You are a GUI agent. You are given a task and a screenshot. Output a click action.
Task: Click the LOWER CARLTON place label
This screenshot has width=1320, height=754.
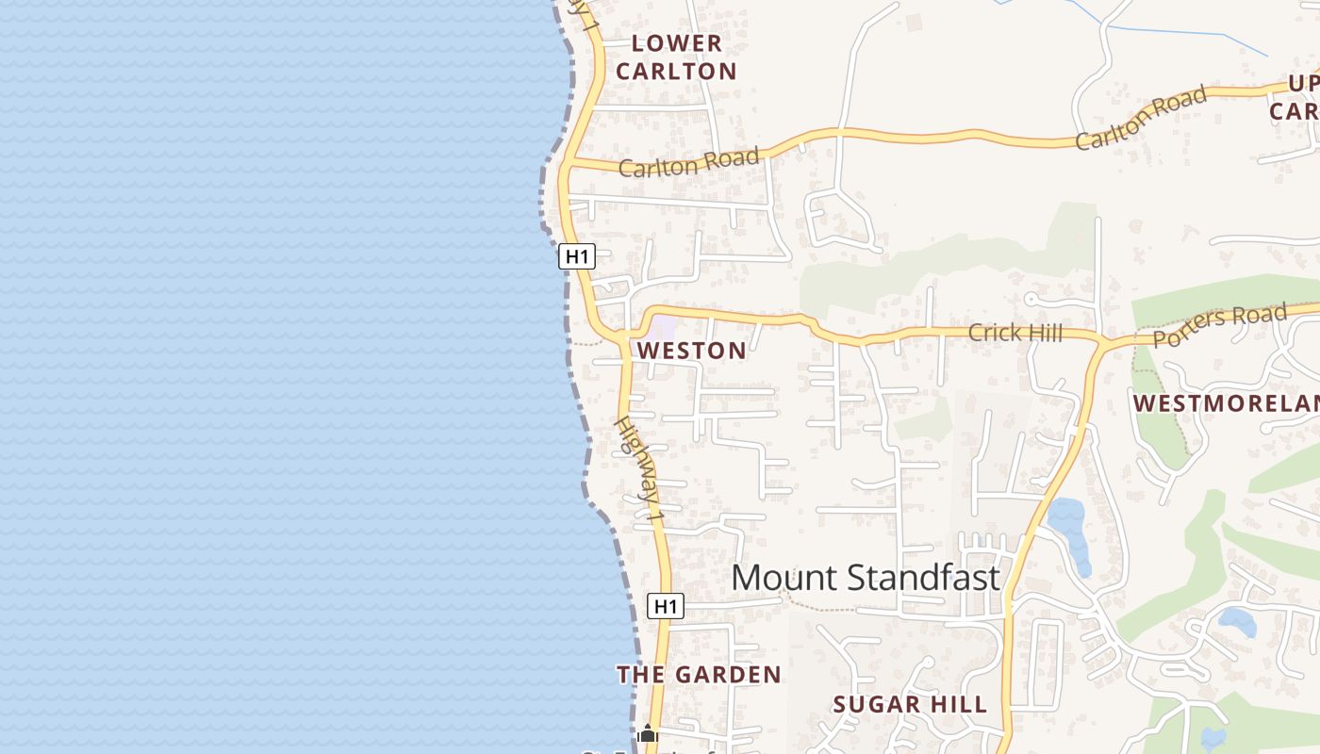[676, 57]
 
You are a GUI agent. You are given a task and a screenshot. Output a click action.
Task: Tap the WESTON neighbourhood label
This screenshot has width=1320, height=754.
[691, 351]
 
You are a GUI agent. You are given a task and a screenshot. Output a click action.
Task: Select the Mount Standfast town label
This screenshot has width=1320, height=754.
[865, 577]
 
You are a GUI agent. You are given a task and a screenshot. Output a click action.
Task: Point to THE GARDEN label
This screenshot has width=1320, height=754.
[699, 675]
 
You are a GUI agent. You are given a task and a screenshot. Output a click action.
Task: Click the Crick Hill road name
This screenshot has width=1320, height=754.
[1015, 332]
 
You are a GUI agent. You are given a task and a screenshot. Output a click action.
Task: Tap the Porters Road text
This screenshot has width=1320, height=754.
[1219, 325]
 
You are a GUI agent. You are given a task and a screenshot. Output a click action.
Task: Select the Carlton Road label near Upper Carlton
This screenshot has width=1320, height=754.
[1142, 117]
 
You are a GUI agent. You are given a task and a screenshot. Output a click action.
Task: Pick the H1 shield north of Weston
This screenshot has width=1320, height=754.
[576, 255]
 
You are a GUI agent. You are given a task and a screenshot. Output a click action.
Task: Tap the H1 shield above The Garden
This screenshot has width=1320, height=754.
[666, 606]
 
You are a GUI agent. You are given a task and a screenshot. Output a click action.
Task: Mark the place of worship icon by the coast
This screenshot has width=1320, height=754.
[648, 733]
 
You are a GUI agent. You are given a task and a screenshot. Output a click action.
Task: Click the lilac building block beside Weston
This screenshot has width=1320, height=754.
[663, 328]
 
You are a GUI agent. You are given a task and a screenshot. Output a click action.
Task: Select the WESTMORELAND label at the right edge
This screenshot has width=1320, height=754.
[1226, 403]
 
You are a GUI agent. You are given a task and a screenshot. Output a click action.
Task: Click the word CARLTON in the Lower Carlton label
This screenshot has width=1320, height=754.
[676, 71]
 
